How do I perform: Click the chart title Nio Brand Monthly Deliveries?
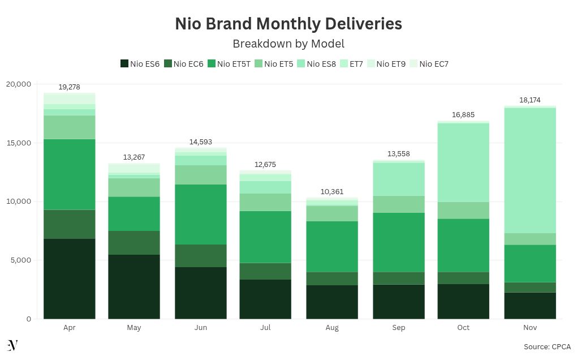click(288, 24)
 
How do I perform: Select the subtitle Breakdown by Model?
click(288, 44)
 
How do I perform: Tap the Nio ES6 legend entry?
click(140, 64)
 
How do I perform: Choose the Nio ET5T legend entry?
click(229, 64)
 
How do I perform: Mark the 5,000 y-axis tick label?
click(21, 260)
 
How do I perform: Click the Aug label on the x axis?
click(332, 328)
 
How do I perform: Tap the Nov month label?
click(530, 328)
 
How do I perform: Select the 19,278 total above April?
click(70, 87)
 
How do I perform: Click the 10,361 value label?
click(332, 192)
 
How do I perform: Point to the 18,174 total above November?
click(530, 100)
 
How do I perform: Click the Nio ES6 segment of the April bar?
click(70, 278)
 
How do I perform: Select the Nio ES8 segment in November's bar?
click(530, 170)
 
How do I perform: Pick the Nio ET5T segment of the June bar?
click(201, 214)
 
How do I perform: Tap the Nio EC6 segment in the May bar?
click(134, 242)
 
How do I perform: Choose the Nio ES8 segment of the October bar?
click(463, 162)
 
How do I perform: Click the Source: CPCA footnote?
click(547, 346)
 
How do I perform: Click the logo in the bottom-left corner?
click(12, 346)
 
